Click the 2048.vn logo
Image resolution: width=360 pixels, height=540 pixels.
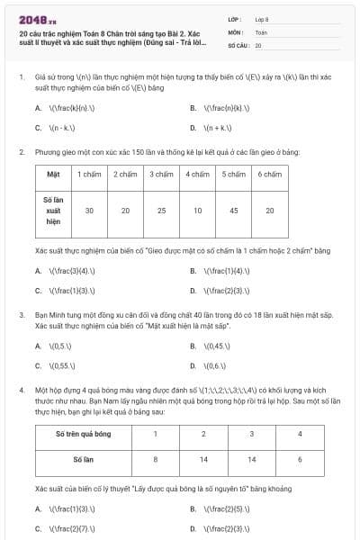[x=31, y=19]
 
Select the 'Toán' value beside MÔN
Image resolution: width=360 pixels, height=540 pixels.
[x=261, y=31]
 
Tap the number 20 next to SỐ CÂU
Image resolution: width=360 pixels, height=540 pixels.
[x=258, y=44]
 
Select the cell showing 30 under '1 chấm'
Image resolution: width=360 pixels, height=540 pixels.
[x=89, y=210]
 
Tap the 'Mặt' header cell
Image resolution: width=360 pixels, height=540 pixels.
[x=53, y=173]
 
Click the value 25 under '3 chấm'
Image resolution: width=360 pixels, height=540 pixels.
[x=161, y=210]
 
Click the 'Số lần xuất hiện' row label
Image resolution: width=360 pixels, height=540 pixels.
[x=53, y=210]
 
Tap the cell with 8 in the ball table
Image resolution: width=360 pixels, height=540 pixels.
[x=155, y=459]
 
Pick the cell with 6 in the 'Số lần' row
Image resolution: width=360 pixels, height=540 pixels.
[x=298, y=459]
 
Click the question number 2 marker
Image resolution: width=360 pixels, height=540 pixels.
[x=21, y=152]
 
